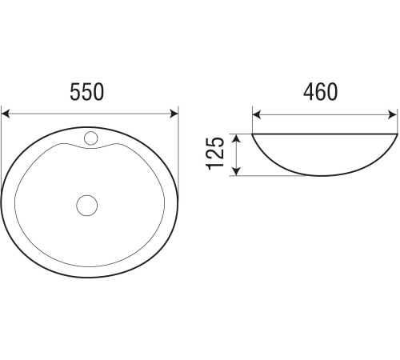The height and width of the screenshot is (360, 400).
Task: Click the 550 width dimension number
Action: [86, 92]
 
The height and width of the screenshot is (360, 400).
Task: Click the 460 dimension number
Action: [320, 92]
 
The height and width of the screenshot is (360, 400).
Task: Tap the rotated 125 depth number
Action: [215, 154]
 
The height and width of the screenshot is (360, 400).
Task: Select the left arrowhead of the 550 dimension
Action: [6, 114]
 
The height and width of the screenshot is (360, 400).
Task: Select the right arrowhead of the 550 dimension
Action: [174, 114]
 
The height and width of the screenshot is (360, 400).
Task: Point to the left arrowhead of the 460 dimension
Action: [257, 115]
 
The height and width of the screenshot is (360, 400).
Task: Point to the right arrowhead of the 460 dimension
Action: [393, 115]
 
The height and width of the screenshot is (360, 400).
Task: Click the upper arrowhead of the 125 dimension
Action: [237, 138]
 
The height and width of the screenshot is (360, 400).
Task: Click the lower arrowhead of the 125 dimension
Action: [237, 171]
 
